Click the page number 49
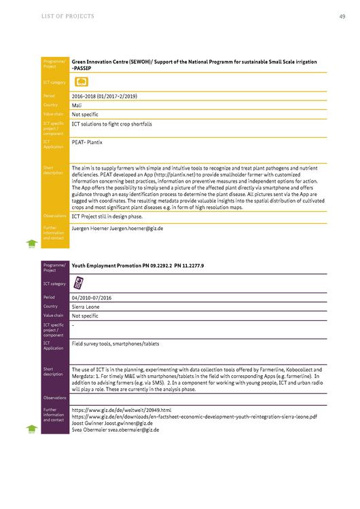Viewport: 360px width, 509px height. (x=341, y=16)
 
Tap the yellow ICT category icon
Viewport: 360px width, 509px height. (x=82, y=82)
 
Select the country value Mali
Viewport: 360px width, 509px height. (x=77, y=105)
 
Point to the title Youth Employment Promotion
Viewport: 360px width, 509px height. (x=112, y=265)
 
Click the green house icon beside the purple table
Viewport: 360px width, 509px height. (x=31, y=429)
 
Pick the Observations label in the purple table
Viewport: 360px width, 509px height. (x=54, y=398)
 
